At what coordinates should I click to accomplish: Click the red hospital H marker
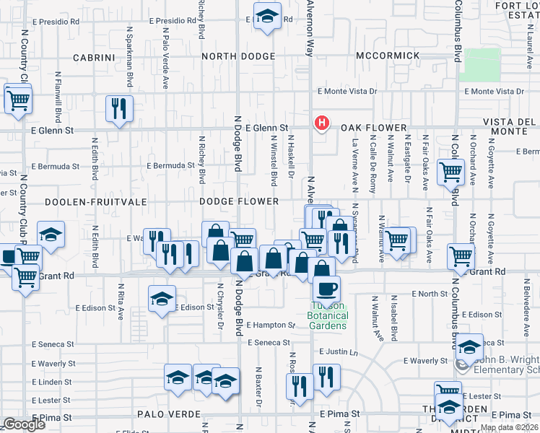[x=322, y=124]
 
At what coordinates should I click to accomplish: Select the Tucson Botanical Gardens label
[x=328, y=315]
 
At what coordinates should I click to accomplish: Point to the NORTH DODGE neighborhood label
[x=238, y=56]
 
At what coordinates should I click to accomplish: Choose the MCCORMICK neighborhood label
[x=388, y=56]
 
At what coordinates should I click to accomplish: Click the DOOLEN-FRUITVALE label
[x=81, y=203]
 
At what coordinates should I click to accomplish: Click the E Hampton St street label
[x=271, y=325]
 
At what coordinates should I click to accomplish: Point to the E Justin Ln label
[x=339, y=352]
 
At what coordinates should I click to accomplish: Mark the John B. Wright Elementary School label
[x=505, y=364]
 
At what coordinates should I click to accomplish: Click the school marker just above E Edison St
[x=162, y=297]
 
